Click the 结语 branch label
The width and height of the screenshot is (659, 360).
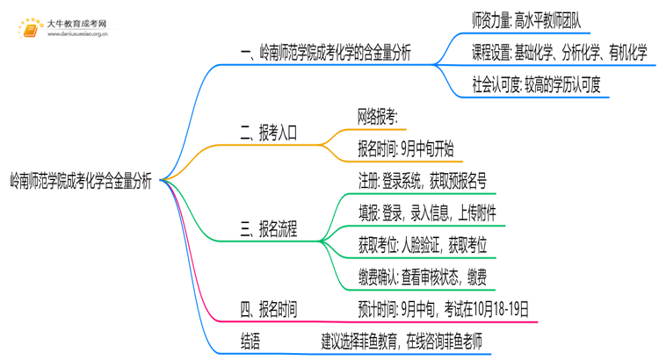(250, 342)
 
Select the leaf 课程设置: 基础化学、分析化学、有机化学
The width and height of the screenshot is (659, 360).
(559, 52)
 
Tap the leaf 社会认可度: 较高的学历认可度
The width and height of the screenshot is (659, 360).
(535, 86)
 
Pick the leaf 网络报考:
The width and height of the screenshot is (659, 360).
(378, 117)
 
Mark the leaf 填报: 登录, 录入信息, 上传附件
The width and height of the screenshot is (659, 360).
(426, 212)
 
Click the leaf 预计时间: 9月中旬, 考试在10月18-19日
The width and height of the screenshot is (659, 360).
(443, 309)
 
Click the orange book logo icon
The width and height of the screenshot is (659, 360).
(30, 27)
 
